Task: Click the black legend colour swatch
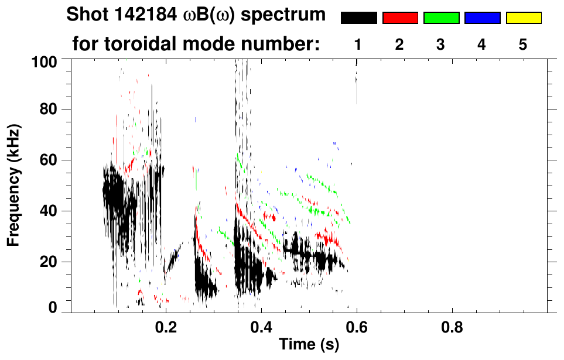358,18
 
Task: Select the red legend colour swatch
400,18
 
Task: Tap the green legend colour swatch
441,18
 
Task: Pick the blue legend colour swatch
482,18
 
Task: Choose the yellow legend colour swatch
523,18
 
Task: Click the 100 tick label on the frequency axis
43,60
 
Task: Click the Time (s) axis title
309,345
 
